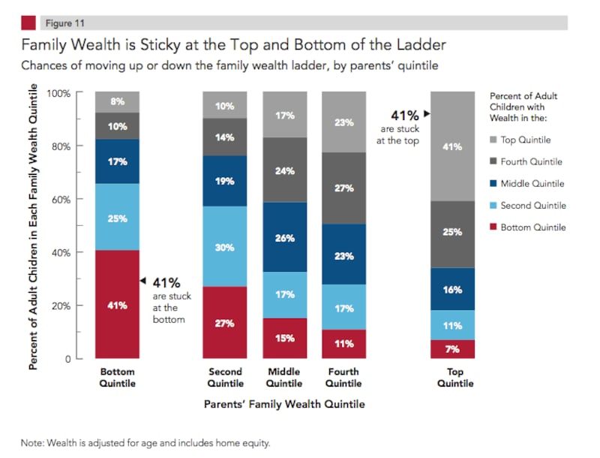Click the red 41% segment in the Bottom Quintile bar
[117, 304]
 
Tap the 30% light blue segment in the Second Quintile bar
[225, 247]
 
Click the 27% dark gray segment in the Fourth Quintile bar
[343, 188]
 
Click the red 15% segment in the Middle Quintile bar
[284, 339]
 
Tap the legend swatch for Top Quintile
[493, 140]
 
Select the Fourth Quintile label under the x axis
[343, 377]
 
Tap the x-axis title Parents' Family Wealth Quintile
[284, 405]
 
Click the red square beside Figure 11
[28, 23]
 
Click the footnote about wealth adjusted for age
[145, 443]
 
